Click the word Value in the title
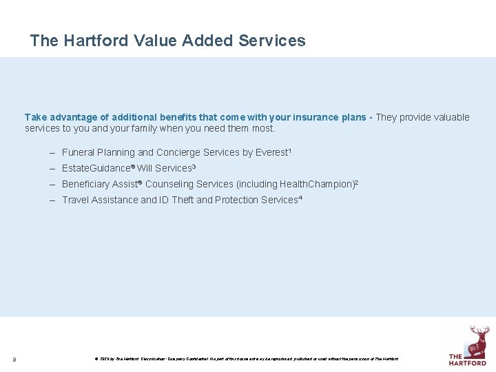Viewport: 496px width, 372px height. point(155,41)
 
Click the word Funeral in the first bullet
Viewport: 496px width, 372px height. point(78,152)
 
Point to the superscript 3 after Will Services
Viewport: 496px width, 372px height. point(194,166)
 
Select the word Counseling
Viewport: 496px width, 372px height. point(169,184)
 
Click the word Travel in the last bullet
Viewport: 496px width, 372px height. point(75,200)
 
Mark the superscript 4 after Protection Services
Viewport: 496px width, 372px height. point(300,198)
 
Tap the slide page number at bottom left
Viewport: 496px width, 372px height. point(14,359)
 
